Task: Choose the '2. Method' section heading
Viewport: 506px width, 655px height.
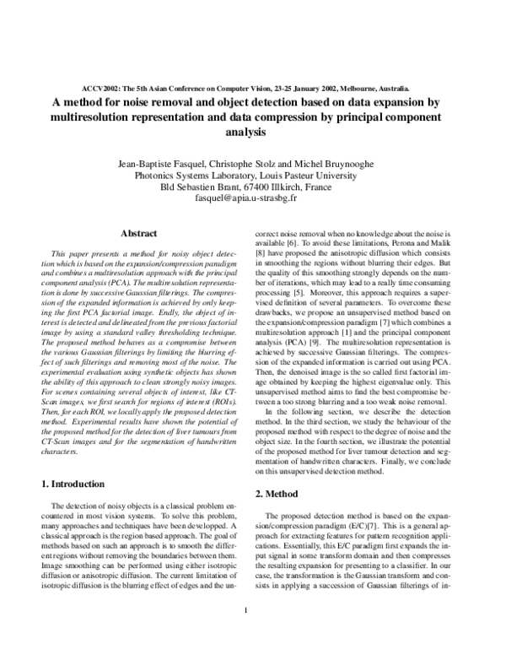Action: (x=283, y=492)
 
